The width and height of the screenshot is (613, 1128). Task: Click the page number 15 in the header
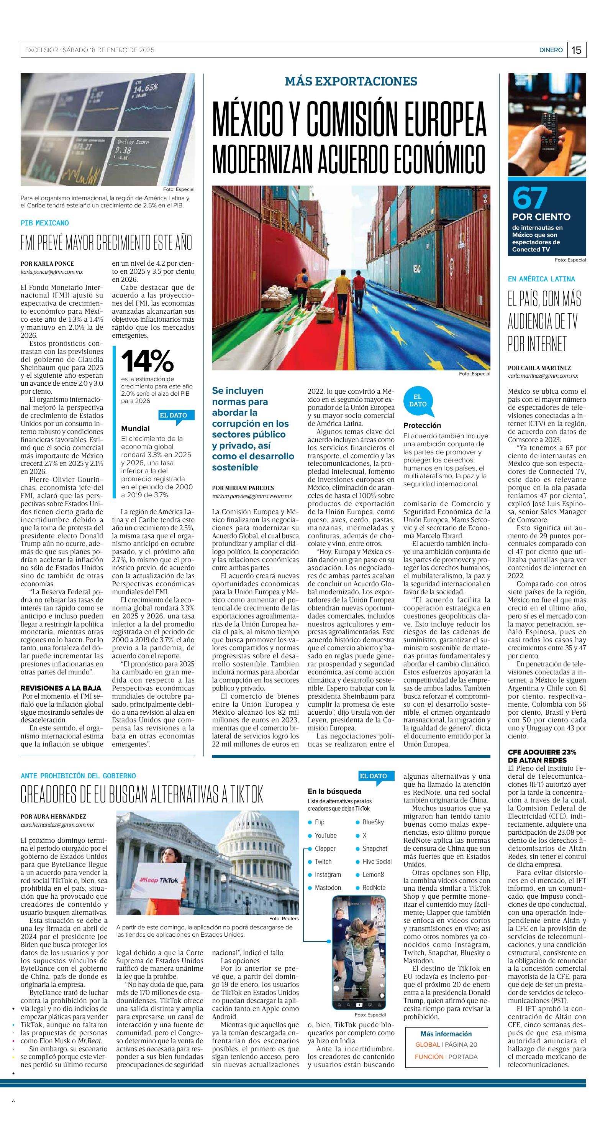point(577,50)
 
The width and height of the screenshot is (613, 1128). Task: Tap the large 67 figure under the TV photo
point(530,197)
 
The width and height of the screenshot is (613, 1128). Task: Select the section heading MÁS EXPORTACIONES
point(351,81)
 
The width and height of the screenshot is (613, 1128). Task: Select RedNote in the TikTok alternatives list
point(374,888)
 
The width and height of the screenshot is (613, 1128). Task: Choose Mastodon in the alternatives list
point(328,888)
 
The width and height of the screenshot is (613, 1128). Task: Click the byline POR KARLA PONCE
point(47,264)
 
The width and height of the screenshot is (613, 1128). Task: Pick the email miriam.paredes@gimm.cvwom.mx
point(252,496)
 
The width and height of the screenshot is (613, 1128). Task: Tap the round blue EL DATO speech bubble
point(418,401)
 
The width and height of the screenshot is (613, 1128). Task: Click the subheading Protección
point(422,425)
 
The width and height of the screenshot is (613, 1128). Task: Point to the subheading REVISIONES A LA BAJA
point(61,688)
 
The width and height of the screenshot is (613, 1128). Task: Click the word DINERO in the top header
point(551,50)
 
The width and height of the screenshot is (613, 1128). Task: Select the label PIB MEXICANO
point(44,223)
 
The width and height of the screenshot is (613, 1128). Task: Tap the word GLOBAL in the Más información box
point(428,1044)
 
